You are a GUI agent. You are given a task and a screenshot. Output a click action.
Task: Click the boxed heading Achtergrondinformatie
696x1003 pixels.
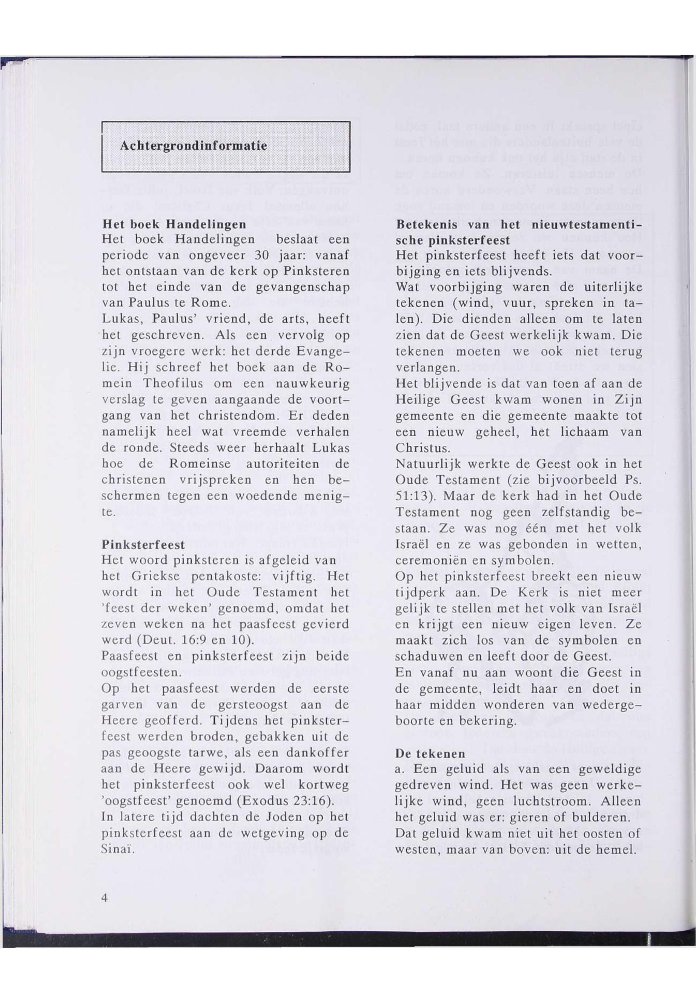click(193, 146)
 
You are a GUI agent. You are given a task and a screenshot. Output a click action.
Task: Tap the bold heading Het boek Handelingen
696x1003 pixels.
click(174, 224)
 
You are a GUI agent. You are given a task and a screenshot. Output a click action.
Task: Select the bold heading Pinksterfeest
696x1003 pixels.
click(143, 544)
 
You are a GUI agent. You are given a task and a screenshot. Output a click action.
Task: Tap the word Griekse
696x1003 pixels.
click(156, 576)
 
